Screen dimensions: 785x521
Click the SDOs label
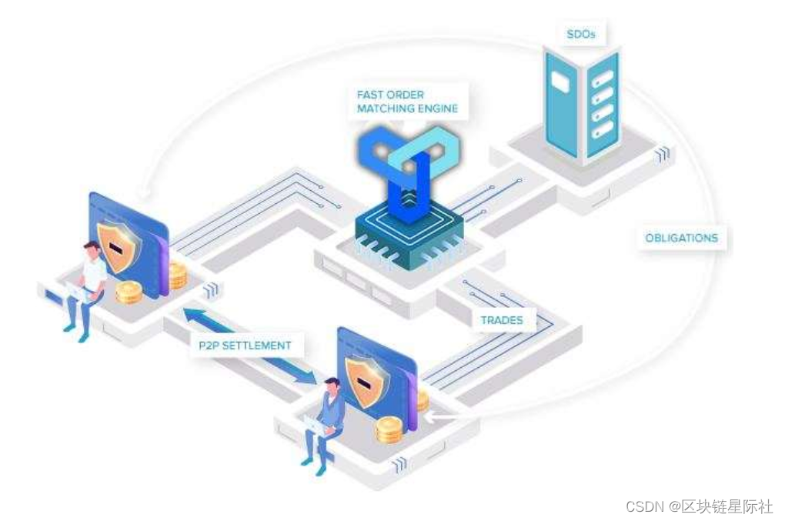(580, 34)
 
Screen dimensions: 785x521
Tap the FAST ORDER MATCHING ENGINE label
(407, 102)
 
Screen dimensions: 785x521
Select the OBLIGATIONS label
(681, 238)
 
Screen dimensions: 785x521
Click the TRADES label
(501, 319)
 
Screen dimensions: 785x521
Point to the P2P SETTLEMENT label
(245, 346)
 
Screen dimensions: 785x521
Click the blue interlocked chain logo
(408, 165)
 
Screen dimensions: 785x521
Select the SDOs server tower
(581, 104)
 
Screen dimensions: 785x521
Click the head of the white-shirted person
(92, 249)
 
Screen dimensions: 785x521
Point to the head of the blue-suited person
(332, 385)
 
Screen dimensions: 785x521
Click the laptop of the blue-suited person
(316, 422)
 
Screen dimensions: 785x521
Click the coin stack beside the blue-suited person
(389, 429)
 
